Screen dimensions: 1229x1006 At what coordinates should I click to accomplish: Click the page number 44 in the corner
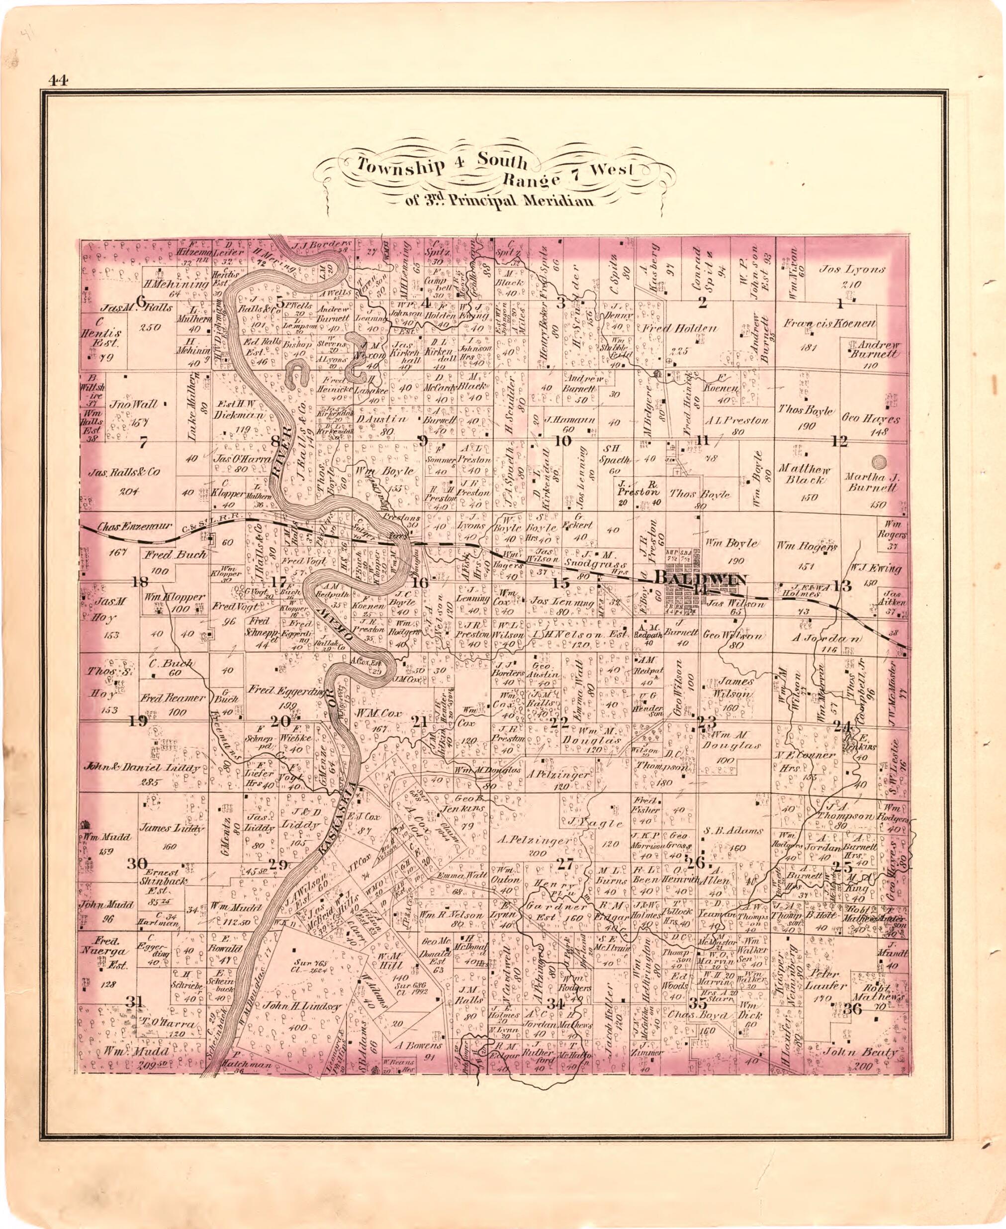(59, 80)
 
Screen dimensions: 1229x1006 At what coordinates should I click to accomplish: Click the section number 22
(559, 723)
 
